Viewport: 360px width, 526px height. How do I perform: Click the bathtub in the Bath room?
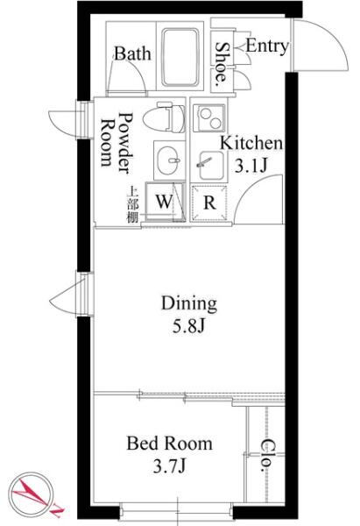coord(180,57)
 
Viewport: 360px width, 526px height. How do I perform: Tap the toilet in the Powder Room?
coord(164,117)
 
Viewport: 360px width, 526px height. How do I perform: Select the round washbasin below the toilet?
coord(170,160)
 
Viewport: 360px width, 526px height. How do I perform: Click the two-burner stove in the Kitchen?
coord(208,117)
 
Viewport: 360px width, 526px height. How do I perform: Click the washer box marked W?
coord(165,202)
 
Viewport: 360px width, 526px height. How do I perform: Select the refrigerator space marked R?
coord(209,203)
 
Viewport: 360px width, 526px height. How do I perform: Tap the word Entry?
coord(267,46)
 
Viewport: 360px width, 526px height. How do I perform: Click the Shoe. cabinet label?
coord(221,62)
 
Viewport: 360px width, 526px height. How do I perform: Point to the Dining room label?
coord(189,304)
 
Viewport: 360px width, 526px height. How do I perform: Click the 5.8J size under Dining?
coord(188,326)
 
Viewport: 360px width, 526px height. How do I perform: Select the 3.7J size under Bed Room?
coord(170,466)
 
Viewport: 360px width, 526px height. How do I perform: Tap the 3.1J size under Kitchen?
coord(251,166)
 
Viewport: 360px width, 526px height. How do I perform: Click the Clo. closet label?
coord(267,455)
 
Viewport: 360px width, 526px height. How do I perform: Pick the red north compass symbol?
coord(33,494)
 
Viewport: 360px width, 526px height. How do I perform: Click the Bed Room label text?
coord(170,444)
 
